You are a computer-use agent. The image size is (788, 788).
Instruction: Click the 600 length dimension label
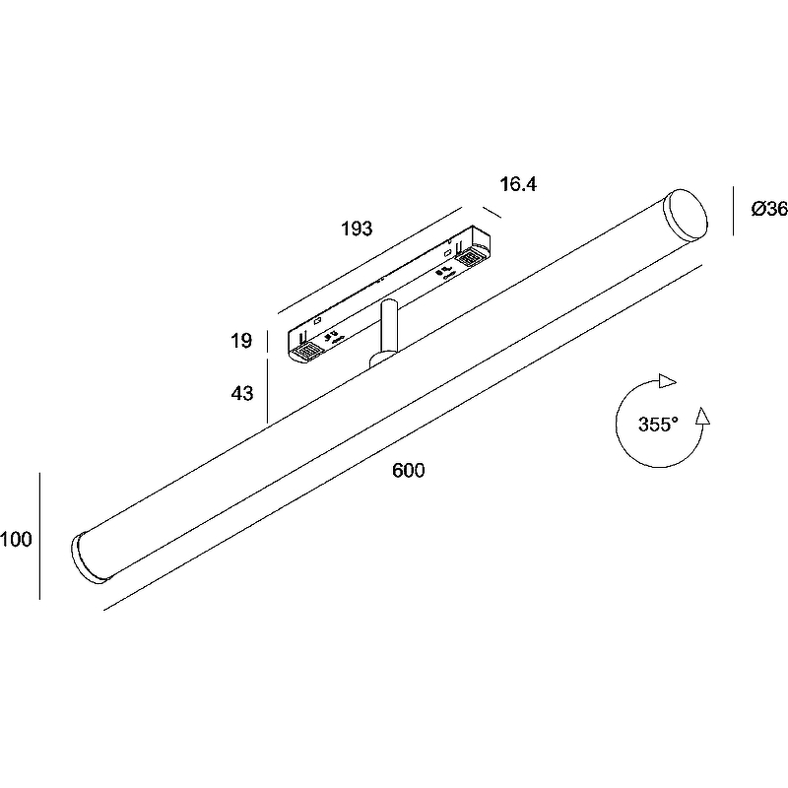[408, 471]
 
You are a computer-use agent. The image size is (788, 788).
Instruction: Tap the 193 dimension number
[357, 229]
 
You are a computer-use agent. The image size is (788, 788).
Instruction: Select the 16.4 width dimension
[517, 184]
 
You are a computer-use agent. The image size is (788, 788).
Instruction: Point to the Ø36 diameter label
[768, 209]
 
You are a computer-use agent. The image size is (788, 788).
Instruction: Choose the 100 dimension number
[17, 539]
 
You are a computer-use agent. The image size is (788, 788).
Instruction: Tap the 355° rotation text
[658, 426]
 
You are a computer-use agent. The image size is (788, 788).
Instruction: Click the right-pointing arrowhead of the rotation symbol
[669, 380]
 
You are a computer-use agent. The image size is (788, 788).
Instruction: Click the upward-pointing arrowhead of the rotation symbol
[701, 416]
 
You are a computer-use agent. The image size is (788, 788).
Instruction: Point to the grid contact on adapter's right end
[471, 256]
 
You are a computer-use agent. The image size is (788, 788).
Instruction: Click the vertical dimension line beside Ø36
[733, 211]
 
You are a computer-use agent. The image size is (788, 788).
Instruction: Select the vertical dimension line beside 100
[40, 536]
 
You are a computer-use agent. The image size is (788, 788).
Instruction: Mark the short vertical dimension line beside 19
[268, 342]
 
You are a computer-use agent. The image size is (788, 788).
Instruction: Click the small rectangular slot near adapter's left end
[318, 321]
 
